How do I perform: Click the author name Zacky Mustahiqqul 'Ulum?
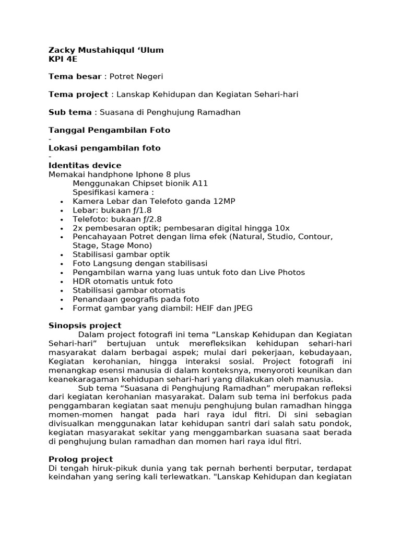[x=106, y=50]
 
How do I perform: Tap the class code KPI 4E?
[x=63, y=59]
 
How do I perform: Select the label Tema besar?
[x=75, y=77]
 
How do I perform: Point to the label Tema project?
[x=78, y=95]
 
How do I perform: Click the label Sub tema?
[x=69, y=112]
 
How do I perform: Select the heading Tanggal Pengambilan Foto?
[x=109, y=130]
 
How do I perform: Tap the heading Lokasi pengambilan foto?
[x=104, y=148]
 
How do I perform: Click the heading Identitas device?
[x=85, y=166]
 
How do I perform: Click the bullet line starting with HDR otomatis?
[x=122, y=281]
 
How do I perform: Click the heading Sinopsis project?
[x=85, y=325]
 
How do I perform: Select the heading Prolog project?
[x=80, y=459]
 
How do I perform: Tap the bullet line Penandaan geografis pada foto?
[x=136, y=299]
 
